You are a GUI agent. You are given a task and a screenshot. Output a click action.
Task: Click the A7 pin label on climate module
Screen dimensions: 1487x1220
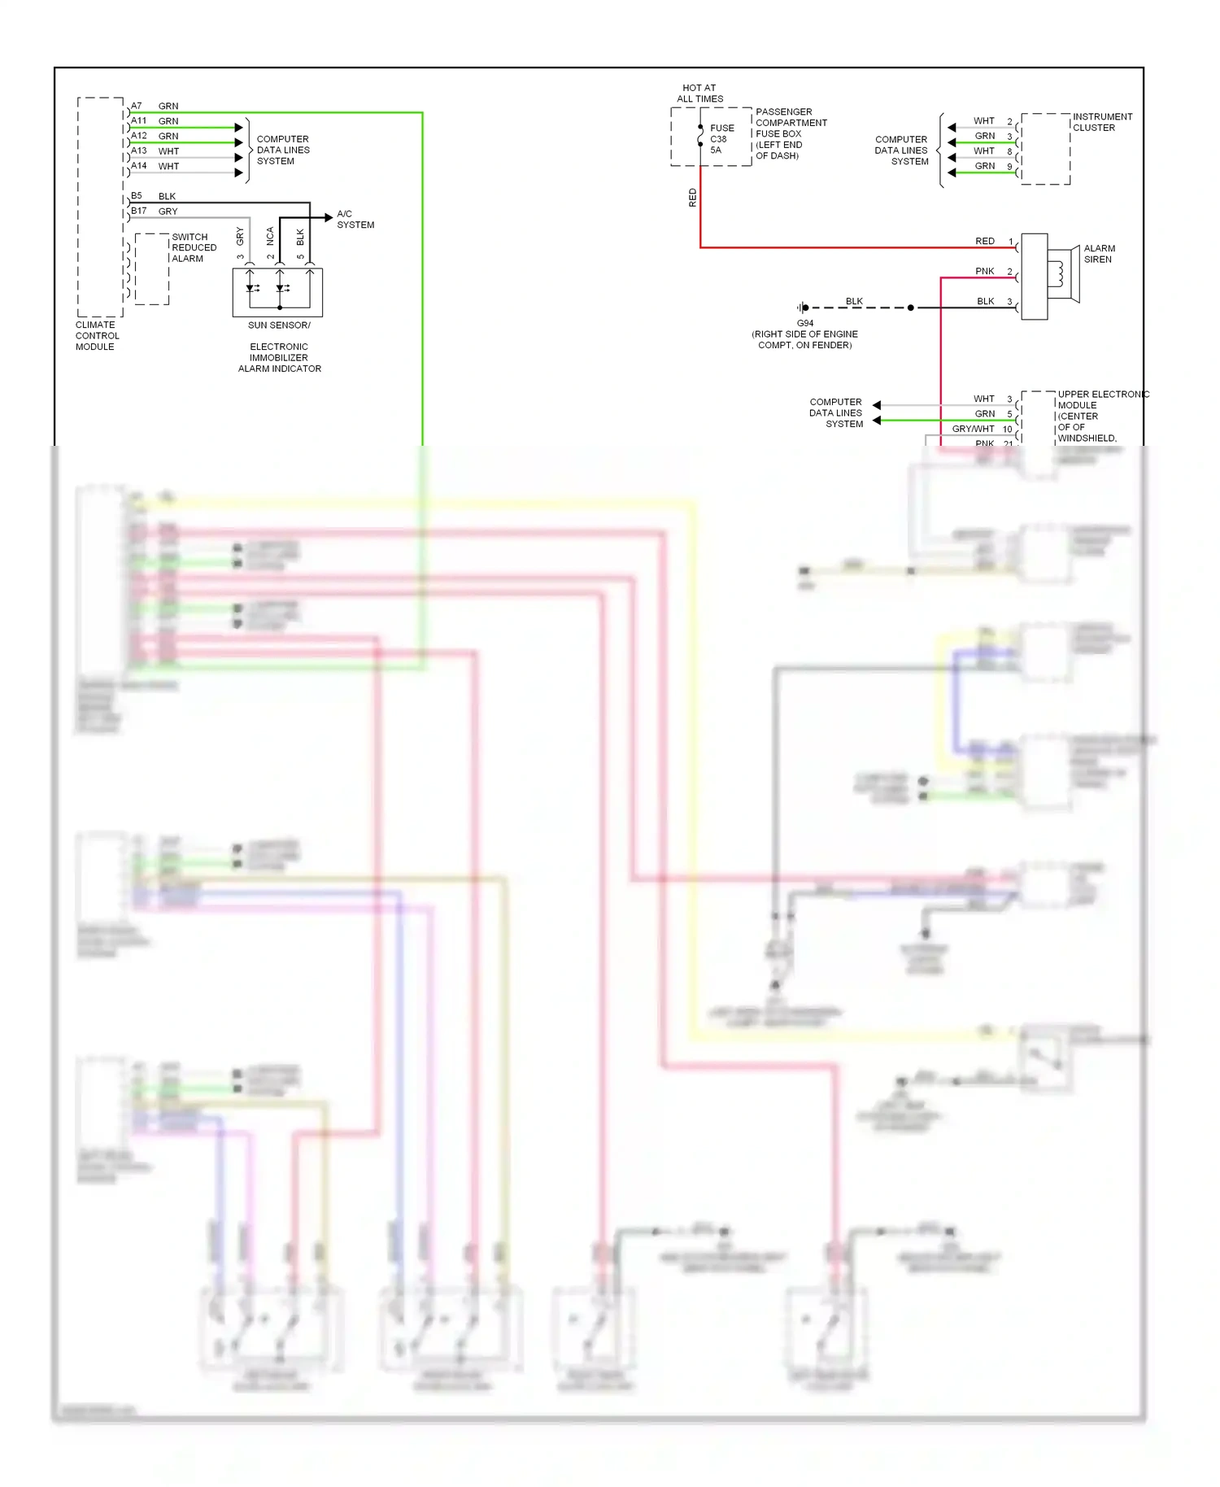(x=137, y=106)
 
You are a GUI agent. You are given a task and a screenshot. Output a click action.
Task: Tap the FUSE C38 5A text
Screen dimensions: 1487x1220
(x=721, y=139)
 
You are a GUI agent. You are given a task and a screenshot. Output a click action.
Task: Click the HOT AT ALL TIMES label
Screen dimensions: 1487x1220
(x=699, y=93)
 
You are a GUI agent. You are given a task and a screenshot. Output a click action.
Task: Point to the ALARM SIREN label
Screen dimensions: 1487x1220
(x=1099, y=254)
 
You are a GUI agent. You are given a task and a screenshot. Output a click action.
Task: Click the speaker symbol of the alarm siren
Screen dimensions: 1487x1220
(x=1063, y=275)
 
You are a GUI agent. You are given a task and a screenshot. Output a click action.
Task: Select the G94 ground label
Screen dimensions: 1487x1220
(x=804, y=323)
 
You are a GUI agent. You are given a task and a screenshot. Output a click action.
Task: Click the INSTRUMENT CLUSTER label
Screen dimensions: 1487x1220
(x=1101, y=122)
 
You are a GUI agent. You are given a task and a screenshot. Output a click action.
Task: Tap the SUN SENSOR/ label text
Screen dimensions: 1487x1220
(x=279, y=325)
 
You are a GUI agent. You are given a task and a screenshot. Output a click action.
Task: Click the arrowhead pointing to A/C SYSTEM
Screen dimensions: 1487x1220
(x=328, y=217)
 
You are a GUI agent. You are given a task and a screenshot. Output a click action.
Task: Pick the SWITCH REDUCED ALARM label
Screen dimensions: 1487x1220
(x=194, y=247)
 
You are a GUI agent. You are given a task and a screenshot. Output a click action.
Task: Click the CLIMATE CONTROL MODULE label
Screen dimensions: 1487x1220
(x=97, y=335)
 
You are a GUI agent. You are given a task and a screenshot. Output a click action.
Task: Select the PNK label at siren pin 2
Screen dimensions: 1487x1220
(x=984, y=271)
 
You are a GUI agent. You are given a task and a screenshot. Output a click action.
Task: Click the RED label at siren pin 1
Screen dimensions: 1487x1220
(x=984, y=241)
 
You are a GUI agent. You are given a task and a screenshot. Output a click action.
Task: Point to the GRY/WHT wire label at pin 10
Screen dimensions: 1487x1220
(x=973, y=429)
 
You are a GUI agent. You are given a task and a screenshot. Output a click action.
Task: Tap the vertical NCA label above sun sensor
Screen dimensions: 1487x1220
(x=270, y=236)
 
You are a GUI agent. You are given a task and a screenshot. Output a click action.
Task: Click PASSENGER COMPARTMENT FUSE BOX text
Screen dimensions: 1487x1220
(x=790, y=133)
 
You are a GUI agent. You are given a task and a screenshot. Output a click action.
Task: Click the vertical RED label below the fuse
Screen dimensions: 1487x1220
(x=692, y=198)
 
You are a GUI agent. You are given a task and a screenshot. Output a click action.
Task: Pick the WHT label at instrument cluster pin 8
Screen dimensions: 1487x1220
(x=983, y=150)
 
